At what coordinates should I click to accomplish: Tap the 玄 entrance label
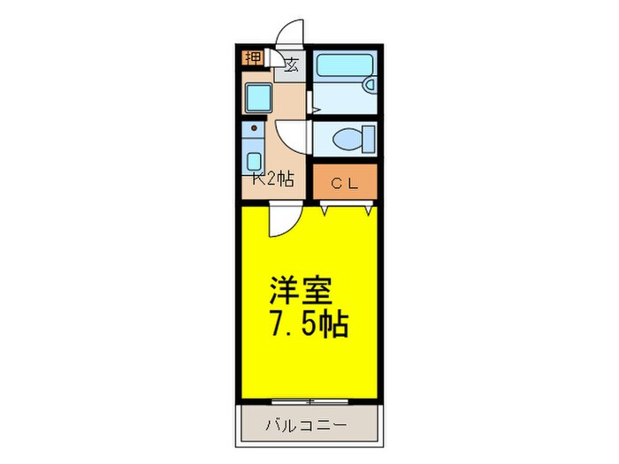pos(291,64)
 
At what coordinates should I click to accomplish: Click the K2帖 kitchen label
pos(271,179)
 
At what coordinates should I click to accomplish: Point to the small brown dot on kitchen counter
pos(255,129)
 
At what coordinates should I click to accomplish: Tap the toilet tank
pos(367,139)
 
